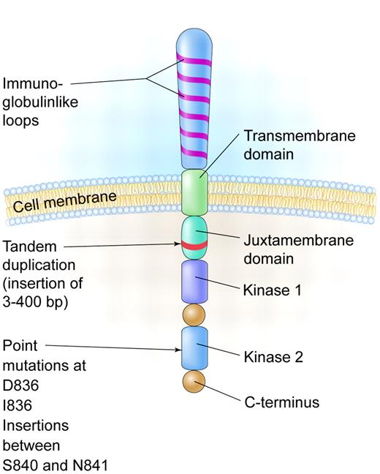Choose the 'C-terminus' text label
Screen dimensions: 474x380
click(x=281, y=402)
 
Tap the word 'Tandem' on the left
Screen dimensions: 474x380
click(x=26, y=246)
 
